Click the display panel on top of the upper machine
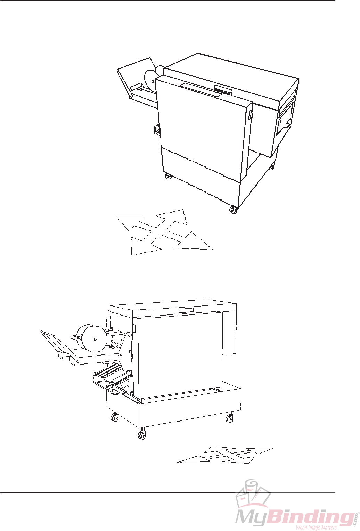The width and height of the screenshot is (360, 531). (x=223, y=90)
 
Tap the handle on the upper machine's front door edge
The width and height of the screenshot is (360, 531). (x=250, y=115)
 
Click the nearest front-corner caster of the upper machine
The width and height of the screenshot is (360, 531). (x=233, y=210)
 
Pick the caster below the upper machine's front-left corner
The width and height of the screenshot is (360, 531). (x=168, y=176)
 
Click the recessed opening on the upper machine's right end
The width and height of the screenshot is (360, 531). (x=286, y=120)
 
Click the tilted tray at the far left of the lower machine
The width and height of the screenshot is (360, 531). (x=56, y=344)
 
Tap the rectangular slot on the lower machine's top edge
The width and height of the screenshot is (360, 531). (x=186, y=310)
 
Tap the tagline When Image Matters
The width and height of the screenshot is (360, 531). (x=316, y=528)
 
